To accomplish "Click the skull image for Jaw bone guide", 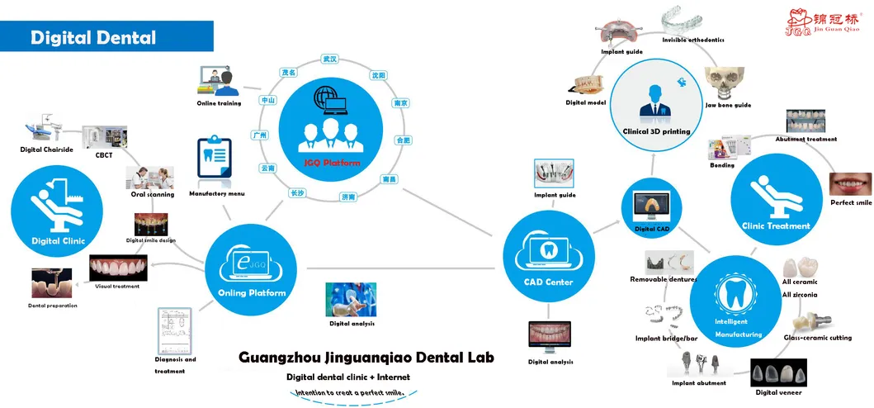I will click(x=727, y=83).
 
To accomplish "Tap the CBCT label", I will click(x=104, y=154).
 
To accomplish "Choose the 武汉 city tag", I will click(x=330, y=59).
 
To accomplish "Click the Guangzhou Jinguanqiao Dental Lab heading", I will click(x=366, y=358).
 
